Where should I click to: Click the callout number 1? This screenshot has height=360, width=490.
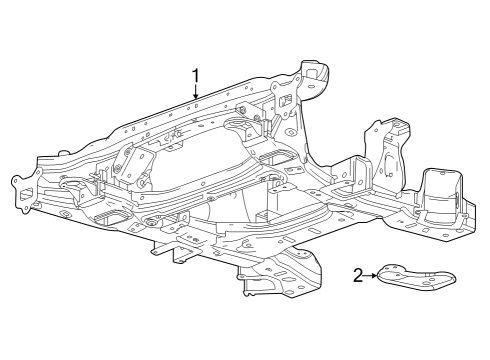[196, 75]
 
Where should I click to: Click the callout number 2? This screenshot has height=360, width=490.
[358, 275]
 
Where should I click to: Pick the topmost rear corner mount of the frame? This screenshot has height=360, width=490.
[317, 76]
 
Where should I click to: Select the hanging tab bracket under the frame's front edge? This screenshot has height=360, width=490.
[183, 257]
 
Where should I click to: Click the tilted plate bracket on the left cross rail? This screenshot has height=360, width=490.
[125, 159]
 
